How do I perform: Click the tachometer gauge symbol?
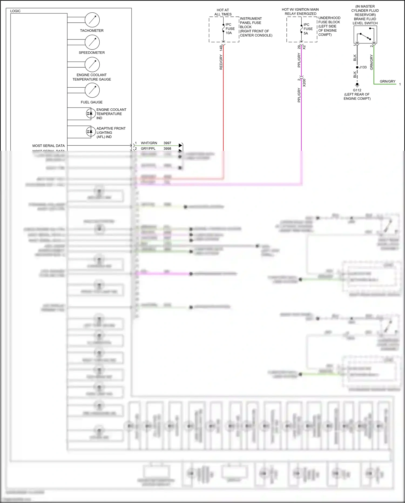[x=92, y=20]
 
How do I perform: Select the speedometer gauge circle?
[x=92, y=42]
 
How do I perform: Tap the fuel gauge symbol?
[x=92, y=90]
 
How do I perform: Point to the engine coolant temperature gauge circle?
[x=92, y=64]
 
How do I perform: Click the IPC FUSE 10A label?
[x=230, y=29]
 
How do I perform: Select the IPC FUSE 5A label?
[x=308, y=29]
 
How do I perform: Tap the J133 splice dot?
[x=357, y=67]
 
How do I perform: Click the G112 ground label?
[x=357, y=90]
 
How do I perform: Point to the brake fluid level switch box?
[x=365, y=35]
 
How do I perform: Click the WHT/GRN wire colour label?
[x=149, y=143]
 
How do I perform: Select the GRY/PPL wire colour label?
[x=148, y=149]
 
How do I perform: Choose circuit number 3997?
[x=167, y=143]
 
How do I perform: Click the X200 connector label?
[x=304, y=82]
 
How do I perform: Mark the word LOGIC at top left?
[x=15, y=11]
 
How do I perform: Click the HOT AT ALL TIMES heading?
[x=223, y=12]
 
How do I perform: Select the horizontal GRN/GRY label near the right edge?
[x=387, y=81]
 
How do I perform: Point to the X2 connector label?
[x=304, y=47]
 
